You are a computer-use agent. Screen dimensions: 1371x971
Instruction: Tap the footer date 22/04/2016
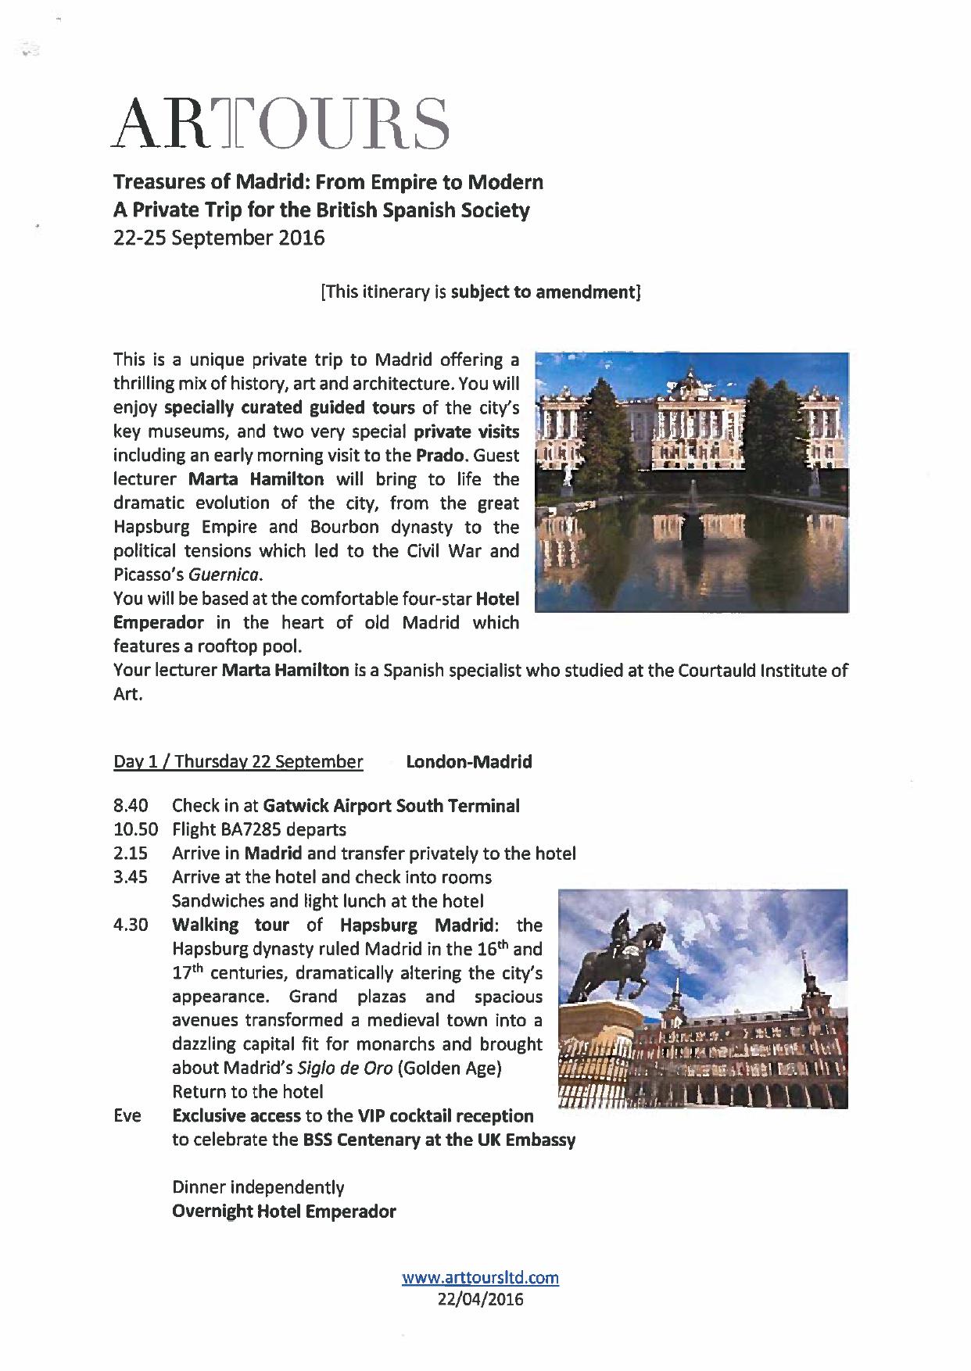pos(480,1299)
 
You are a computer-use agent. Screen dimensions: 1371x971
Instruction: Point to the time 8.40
pos(131,806)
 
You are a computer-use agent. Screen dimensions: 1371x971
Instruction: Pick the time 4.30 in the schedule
pos(131,925)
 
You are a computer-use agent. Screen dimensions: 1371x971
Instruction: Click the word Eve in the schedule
pos(127,1115)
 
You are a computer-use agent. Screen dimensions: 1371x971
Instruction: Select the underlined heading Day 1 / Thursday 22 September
pos(238,762)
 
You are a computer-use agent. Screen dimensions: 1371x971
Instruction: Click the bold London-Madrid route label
pos(469,762)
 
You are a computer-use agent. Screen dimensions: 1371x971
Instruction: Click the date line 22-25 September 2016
pos(219,238)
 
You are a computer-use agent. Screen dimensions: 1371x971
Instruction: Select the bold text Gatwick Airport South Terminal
pos(391,806)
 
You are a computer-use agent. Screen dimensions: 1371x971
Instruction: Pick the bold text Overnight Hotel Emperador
pos(284,1212)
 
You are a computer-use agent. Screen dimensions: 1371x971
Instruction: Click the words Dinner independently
pos(258,1187)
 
